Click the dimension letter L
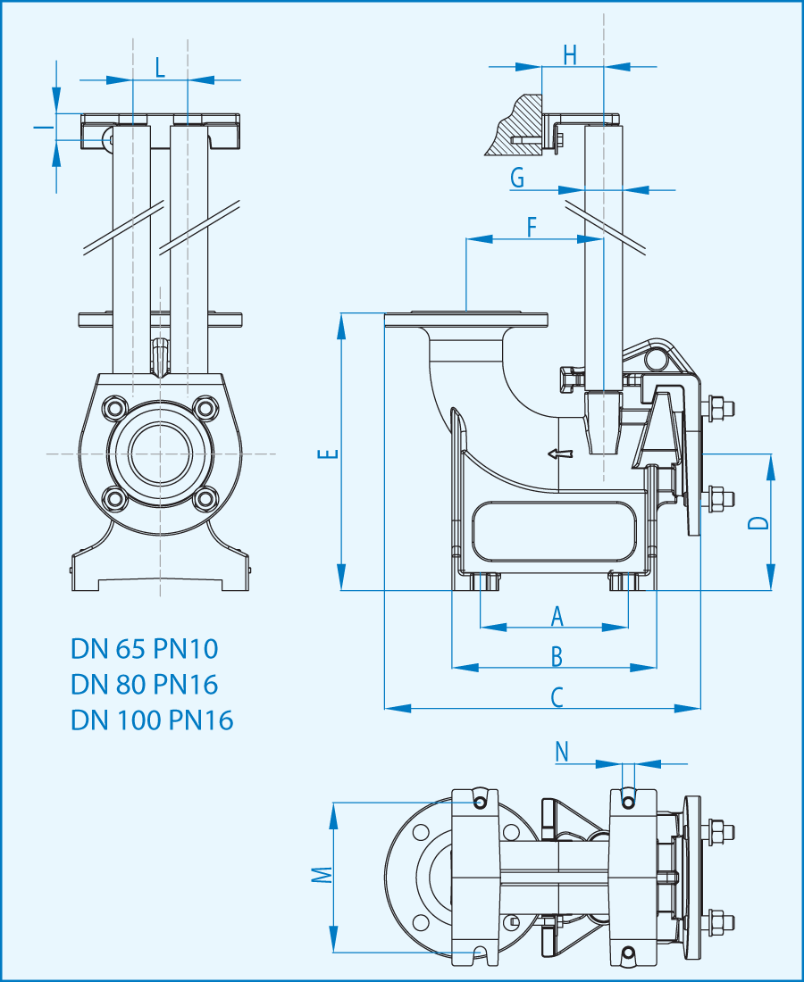point(160,67)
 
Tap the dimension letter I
point(38,128)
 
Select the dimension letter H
point(570,54)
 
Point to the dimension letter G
point(517,179)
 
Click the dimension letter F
point(532,227)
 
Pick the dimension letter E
point(331,454)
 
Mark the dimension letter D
point(758,523)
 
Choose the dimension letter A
point(557,615)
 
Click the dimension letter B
point(557,656)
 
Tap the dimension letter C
point(557,697)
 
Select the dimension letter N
point(562,753)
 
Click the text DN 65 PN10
point(145,648)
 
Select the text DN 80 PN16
point(145,684)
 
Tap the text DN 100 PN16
point(152,720)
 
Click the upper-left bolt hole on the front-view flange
point(115,409)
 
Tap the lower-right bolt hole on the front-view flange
point(205,498)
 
